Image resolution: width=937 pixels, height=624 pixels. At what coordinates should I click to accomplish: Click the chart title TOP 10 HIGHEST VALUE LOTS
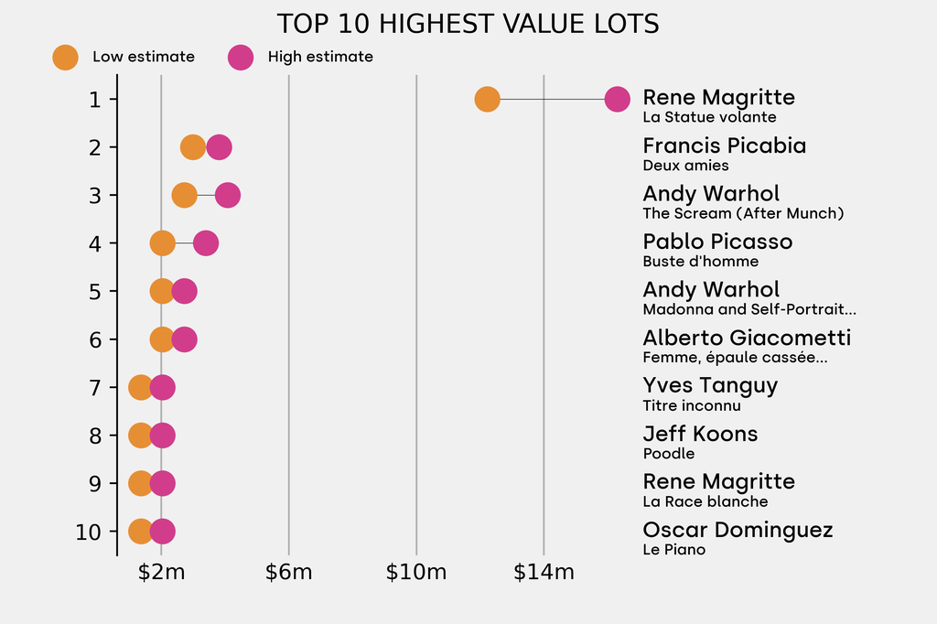(468, 24)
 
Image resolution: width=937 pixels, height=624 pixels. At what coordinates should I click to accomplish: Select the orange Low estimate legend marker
(65, 57)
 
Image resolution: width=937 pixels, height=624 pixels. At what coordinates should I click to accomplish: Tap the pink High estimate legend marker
(241, 57)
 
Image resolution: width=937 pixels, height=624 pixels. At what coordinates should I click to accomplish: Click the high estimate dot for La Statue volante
(618, 99)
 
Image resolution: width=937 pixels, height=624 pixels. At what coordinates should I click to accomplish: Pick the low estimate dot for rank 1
(487, 99)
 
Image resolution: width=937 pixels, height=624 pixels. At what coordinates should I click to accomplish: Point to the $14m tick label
(544, 573)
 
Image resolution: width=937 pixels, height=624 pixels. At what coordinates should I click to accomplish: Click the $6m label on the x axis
(288, 573)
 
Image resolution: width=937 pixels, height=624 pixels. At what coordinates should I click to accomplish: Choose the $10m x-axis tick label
(416, 573)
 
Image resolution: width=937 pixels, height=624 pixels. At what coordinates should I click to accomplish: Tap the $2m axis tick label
(161, 573)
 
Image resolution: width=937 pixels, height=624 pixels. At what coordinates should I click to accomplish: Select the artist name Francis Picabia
(724, 145)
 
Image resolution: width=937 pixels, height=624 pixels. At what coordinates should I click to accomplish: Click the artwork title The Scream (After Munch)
(742, 213)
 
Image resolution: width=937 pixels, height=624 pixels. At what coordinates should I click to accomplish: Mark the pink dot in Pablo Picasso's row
(206, 243)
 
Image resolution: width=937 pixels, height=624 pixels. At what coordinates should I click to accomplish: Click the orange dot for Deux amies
(192, 147)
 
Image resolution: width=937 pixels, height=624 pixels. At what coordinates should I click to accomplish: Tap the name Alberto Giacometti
(747, 338)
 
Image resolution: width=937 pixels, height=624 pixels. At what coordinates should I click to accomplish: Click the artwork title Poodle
(668, 454)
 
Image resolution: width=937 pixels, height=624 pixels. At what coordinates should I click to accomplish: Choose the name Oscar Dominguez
(738, 530)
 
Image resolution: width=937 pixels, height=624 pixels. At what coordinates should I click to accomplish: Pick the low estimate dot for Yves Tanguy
(140, 387)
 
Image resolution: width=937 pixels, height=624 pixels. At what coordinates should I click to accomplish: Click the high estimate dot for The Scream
(228, 195)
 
